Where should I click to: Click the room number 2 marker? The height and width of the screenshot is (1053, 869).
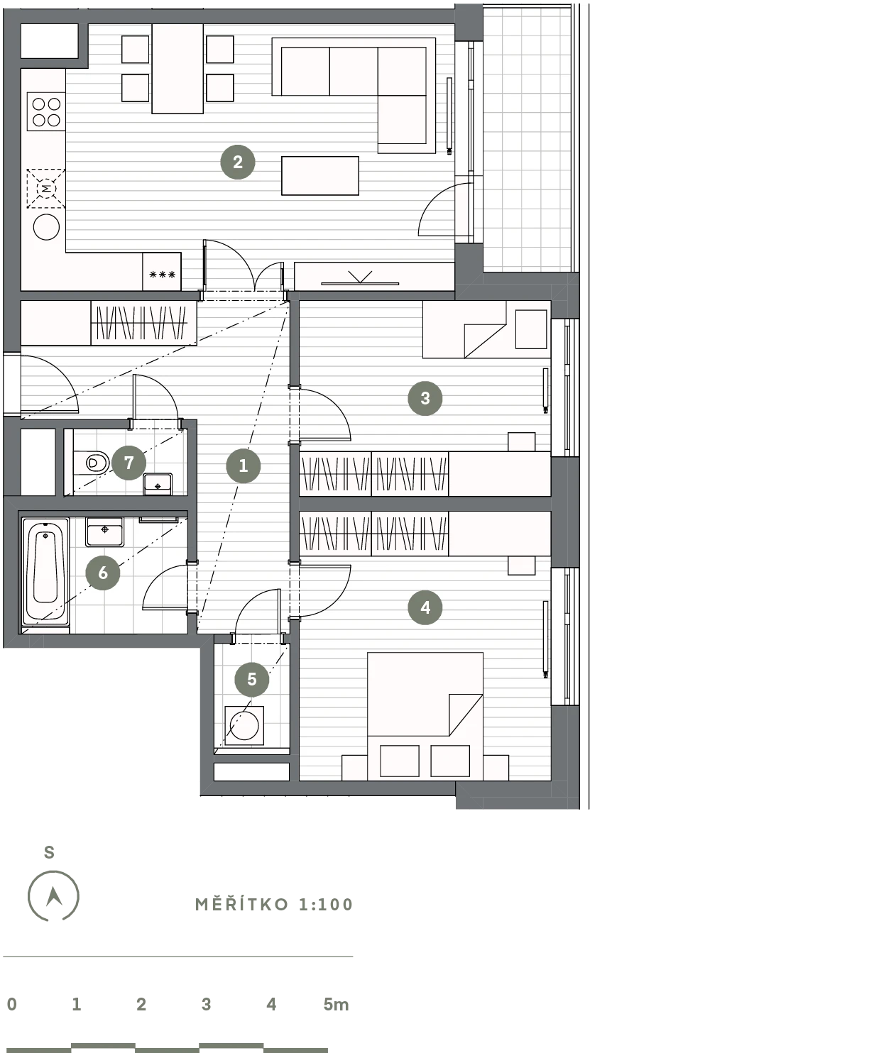pyautogui.click(x=238, y=162)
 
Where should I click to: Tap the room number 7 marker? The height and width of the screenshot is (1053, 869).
pyautogui.click(x=129, y=463)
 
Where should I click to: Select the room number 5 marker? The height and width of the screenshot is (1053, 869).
pyautogui.click(x=252, y=679)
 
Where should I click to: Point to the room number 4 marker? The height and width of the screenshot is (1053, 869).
pyautogui.click(x=425, y=607)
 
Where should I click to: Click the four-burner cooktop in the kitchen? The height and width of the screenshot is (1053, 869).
pyautogui.click(x=46, y=112)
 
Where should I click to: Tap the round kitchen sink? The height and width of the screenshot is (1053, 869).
pyautogui.click(x=46, y=227)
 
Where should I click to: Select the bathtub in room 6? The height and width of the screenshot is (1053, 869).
pyautogui.click(x=45, y=572)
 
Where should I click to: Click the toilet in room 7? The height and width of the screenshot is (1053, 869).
pyautogui.click(x=92, y=463)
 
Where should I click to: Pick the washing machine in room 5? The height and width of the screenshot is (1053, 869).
pyautogui.click(x=244, y=725)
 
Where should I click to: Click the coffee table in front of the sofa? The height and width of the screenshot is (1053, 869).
pyautogui.click(x=320, y=175)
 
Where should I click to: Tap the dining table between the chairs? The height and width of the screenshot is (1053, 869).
pyautogui.click(x=177, y=69)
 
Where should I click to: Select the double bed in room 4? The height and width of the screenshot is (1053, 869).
pyautogui.click(x=425, y=717)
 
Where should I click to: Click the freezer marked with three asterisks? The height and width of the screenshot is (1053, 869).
pyautogui.click(x=161, y=272)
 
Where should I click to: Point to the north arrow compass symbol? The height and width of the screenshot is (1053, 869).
pyautogui.click(x=53, y=896)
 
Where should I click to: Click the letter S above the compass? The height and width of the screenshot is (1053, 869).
pyautogui.click(x=49, y=852)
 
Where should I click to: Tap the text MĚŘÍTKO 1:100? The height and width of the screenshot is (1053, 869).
pyautogui.click(x=274, y=905)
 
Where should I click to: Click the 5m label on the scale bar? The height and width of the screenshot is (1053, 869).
pyautogui.click(x=336, y=1004)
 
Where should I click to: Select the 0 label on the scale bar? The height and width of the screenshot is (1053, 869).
pyautogui.click(x=12, y=1004)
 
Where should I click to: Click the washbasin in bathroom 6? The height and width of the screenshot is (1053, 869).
pyautogui.click(x=104, y=531)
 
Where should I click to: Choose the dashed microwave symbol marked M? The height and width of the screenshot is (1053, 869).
pyautogui.click(x=46, y=189)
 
